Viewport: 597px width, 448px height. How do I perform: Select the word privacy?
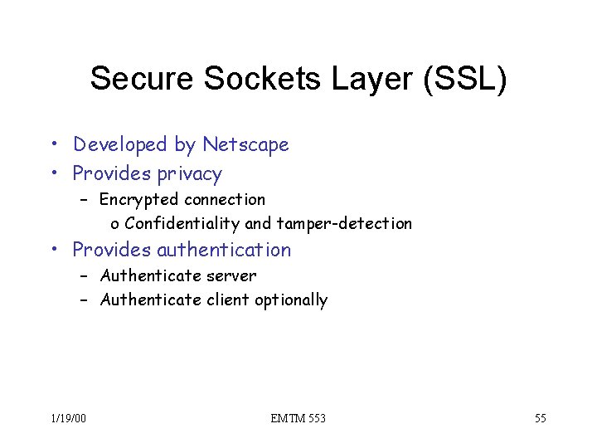point(187,174)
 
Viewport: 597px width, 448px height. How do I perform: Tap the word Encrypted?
point(139,199)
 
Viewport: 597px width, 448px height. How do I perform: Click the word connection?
point(225,199)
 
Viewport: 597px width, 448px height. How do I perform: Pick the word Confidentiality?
point(182,223)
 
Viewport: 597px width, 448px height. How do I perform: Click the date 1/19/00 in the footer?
point(67,418)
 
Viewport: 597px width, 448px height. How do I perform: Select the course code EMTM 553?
point(298,418)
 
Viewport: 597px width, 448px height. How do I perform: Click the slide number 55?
point(540,418)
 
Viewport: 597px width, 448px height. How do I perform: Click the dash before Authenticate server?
point(84,275)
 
